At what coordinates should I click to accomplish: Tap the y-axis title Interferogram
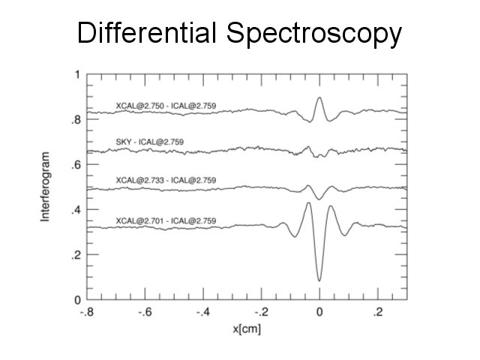click(46, 187)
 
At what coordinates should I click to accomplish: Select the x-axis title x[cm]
click(247, 328)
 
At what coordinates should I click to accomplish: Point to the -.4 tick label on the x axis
click(203, 311)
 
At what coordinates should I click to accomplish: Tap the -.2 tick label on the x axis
click(261, 311)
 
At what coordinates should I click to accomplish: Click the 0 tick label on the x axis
click(319, 311)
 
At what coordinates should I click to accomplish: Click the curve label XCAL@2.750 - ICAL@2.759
click(166, 105)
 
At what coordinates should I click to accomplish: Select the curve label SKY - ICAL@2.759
click(150, 141)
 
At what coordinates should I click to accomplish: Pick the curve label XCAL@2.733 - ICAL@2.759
click(166, 180)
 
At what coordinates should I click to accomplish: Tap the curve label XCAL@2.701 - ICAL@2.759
click(166, 220)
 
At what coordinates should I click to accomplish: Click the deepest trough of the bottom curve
click(319, 280)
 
